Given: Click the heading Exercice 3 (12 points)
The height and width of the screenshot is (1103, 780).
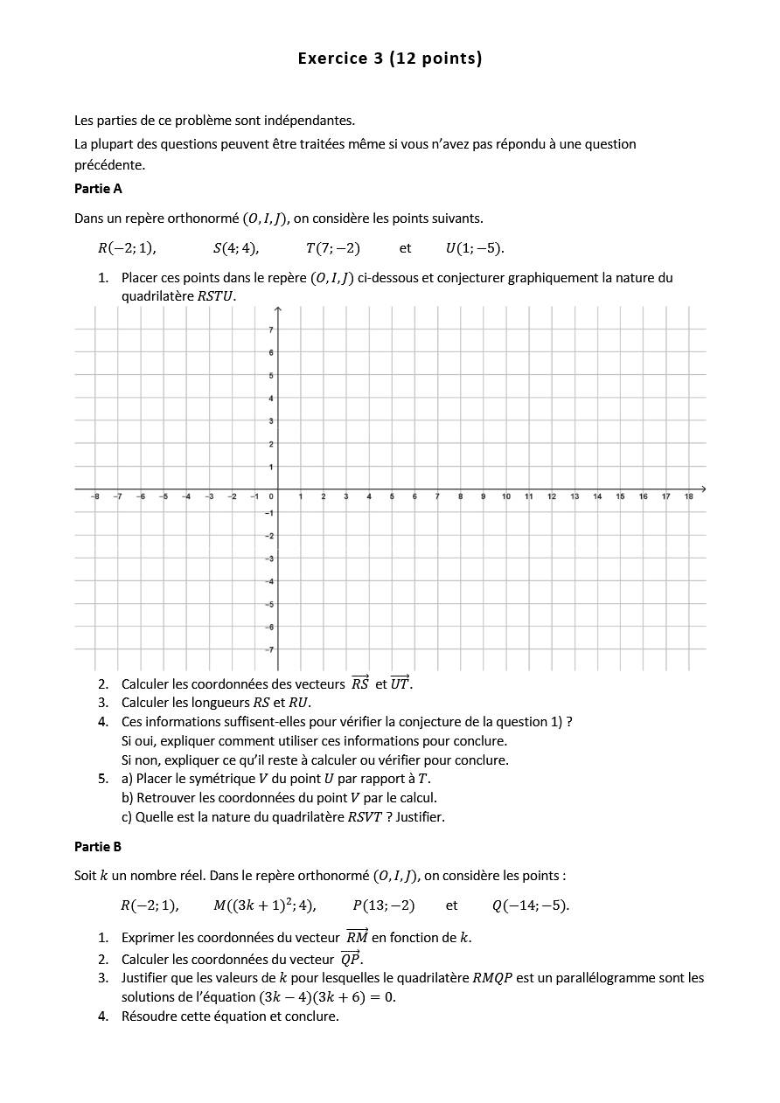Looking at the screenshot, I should point(389,59).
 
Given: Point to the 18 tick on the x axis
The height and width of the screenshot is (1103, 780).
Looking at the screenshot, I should point(689,496).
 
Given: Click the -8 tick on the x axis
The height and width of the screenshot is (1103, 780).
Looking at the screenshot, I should point(95,496).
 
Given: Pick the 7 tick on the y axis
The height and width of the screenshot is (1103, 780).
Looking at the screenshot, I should point(271,330).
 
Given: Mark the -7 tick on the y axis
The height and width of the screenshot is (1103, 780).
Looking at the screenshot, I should point(269,649).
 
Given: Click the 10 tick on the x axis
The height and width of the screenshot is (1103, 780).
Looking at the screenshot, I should point(506,496).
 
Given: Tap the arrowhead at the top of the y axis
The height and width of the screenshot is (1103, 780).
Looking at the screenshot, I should point(277,309).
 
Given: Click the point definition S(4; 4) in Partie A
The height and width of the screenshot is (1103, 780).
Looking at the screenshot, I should point(236,248).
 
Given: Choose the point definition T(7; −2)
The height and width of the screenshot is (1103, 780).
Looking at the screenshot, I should point(332,248).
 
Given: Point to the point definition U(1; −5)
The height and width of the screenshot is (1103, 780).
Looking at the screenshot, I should point(475,248).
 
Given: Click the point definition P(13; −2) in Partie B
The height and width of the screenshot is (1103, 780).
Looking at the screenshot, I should point(384,905).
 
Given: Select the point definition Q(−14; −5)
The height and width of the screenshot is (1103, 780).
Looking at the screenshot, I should point(530,905).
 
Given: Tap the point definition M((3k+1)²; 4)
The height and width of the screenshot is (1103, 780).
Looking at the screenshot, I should point(264,905).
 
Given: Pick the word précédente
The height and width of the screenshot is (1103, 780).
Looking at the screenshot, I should point(109,164).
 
